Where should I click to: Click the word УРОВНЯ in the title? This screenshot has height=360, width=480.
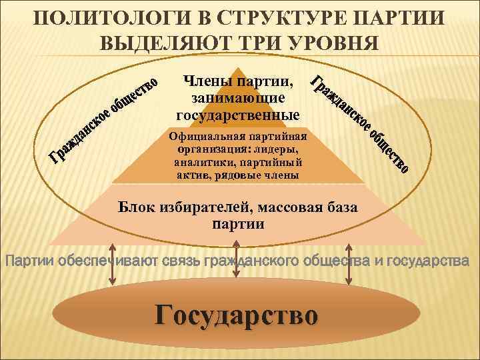[333, 42]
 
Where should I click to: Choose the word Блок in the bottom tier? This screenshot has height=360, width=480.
[136, 208]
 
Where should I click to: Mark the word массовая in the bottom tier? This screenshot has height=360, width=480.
[285, 208]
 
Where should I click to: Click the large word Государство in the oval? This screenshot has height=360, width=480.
[237, 314]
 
